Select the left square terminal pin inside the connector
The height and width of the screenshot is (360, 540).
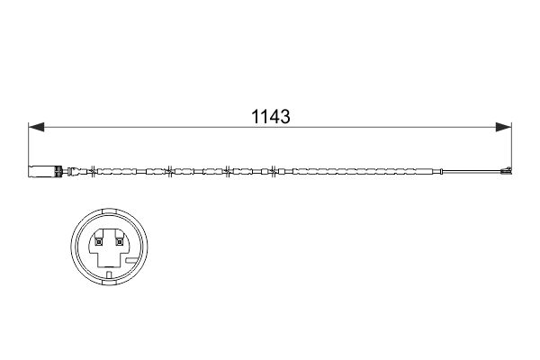click(x=97, y=239)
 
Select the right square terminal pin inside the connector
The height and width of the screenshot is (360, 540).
click(x=119, y=239)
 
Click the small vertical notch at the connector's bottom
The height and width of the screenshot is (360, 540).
click(x=108, y=272)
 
